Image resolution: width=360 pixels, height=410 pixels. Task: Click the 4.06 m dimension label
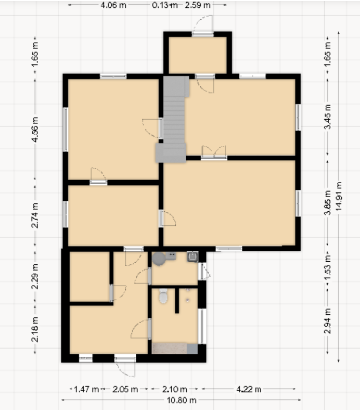(x=113, y=5)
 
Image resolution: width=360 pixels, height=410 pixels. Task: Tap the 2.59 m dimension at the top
(x=198, y=5)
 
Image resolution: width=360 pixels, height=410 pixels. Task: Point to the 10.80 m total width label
(x=182, y=400)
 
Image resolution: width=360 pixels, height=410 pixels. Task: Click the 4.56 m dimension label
(x=35, y=130)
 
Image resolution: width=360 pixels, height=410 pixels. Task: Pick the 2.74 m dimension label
(x=35, y=215)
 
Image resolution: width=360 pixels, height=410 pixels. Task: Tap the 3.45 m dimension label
(x=328, y=117)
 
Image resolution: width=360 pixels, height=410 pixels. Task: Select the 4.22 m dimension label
(x=249, y=389)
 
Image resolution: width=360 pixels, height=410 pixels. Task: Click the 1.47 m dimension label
(x=86, y=389)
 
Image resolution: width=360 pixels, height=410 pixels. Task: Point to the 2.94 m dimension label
(x=328, y=321)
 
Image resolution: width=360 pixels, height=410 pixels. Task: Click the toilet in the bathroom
(x=163, y=296)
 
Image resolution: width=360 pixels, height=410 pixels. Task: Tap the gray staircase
(x=172, y=119)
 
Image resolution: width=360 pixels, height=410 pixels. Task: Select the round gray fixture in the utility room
(x=159, y=259)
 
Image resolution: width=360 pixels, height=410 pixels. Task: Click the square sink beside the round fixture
(x=192, y=257)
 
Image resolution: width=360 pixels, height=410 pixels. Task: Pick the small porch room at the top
(x=198, y=55)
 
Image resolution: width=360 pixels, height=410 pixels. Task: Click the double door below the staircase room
(x=214, y=152)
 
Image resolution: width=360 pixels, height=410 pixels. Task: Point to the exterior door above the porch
(x=202, y=25)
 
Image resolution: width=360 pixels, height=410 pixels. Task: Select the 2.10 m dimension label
(x=174, y=389)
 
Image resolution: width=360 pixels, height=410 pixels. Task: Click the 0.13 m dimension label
(x=165, y=5)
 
